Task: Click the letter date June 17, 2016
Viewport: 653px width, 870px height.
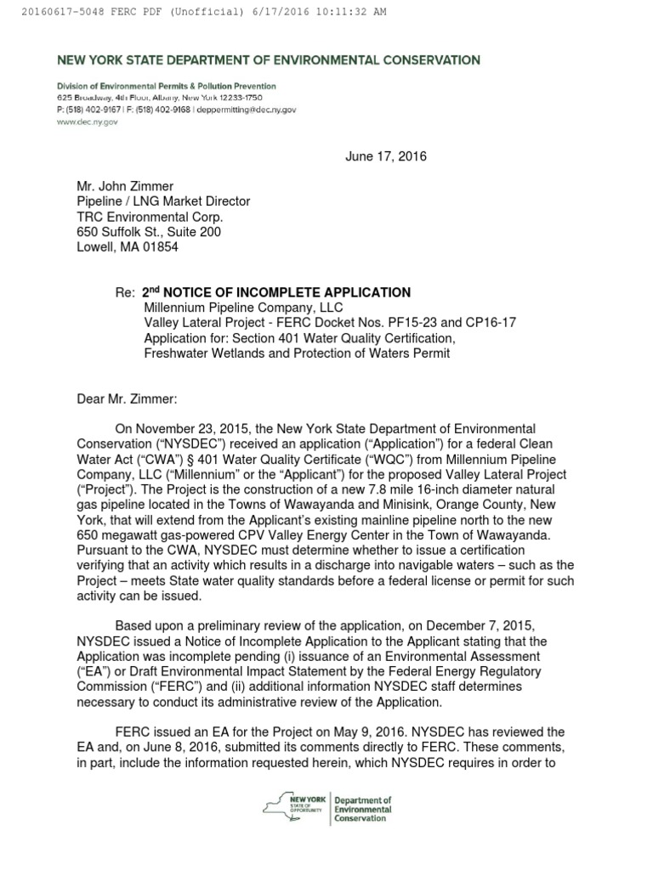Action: [x=385, y=156]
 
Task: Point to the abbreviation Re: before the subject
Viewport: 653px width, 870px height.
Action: [x=125, y=292]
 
